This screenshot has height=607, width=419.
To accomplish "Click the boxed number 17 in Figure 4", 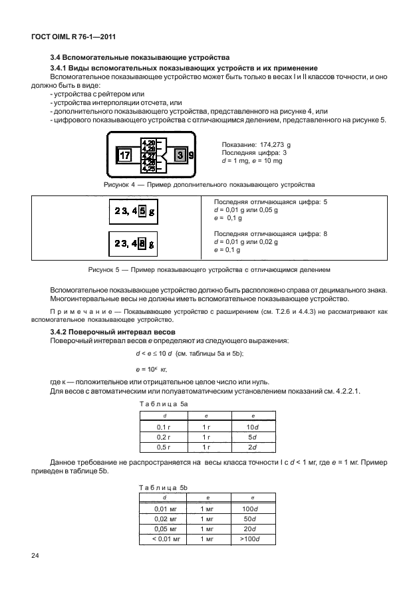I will point(124,155).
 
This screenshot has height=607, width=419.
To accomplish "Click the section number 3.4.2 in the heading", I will point(61,331).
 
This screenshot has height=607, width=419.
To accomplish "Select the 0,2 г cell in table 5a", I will point(163,437).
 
